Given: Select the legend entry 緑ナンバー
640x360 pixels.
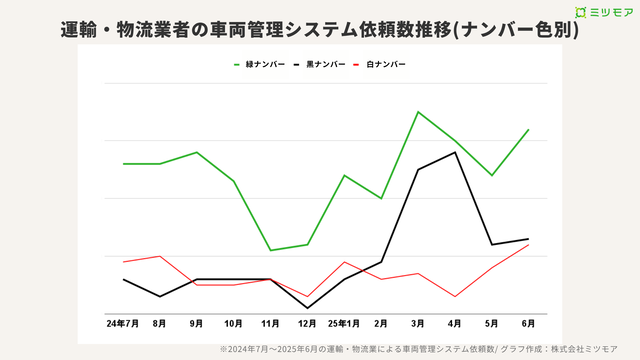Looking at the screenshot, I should point(262,64).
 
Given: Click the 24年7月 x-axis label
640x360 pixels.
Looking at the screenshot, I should point(122,324).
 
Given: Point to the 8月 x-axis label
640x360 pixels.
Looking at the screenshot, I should point(159,324).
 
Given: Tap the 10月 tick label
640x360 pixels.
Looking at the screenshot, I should point(233,324).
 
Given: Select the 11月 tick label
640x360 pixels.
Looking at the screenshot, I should point(270,324).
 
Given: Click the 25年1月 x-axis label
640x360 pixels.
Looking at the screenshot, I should point(343,324).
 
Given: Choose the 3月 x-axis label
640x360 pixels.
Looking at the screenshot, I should point(417,324).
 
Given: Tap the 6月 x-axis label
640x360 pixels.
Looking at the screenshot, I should point(528,324).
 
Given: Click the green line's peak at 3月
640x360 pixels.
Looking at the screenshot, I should point(417,111).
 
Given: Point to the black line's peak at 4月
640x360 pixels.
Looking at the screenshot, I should point(455,152).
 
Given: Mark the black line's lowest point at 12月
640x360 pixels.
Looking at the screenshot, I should point(307,308).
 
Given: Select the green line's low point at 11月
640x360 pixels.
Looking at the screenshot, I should point(270,250).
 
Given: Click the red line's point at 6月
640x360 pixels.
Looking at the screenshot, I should point(528,244).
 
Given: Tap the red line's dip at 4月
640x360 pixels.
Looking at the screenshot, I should point(455,296).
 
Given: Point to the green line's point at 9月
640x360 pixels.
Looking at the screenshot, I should point(196,152).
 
